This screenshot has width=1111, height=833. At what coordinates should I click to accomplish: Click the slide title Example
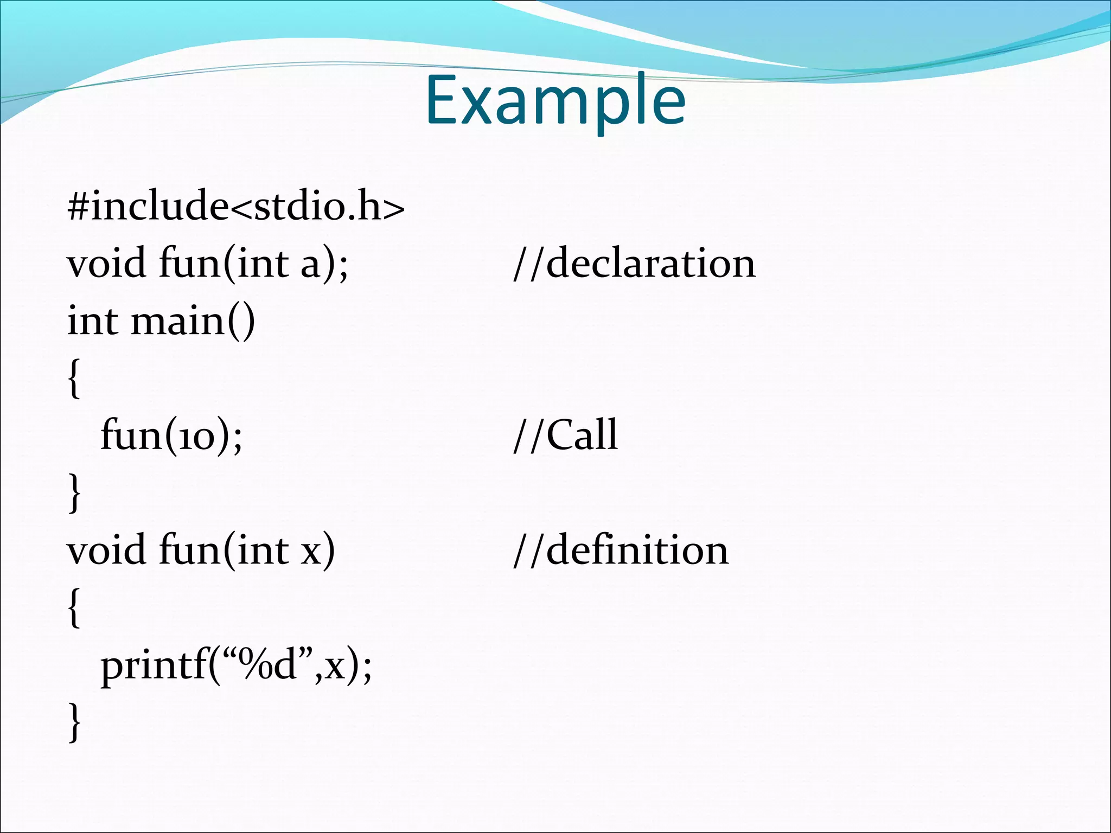(x=555, y=100)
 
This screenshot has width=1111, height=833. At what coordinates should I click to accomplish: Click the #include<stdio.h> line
(x=236, y=206)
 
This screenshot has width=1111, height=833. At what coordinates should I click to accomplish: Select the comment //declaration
(x=634, y=263)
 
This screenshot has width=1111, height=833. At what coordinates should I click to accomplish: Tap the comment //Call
(x=565, y=435)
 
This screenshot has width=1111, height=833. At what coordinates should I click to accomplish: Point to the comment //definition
(x=621, y=550)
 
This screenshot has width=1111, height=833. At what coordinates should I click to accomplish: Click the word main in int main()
(x=178, y=321)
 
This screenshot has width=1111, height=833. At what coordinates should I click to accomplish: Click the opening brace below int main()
(x=75, y=379)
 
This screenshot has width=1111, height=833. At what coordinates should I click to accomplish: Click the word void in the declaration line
(x=106, y=264)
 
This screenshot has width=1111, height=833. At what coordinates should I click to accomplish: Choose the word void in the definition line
(x=106, y=550)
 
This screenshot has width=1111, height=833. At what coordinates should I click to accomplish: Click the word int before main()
(x=92, y=321)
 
